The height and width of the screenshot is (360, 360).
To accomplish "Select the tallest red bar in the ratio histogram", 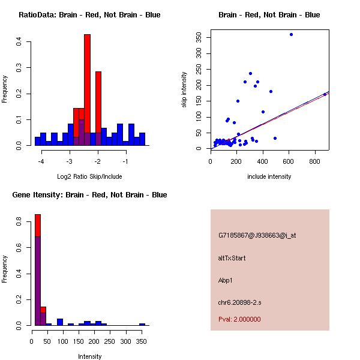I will [x=87, y=90].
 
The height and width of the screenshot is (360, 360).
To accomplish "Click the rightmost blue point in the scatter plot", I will [x=325, y=94].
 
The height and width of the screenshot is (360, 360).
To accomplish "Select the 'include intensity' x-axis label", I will [x=269, y=176].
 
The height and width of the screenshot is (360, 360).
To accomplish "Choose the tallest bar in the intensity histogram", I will [x=37, y=269].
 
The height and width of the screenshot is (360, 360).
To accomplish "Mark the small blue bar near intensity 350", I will [x=142, y=324].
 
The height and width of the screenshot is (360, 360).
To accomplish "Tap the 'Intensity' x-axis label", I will [x=89, y=356].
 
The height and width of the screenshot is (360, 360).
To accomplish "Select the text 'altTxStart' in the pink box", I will [x=232, y=258].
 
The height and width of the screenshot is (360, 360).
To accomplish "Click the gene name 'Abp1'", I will [x=226, y=280].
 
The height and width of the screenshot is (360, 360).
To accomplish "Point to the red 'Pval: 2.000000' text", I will [x=239, y=319].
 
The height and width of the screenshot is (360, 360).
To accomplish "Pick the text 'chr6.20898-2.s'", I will [x=238, y=302].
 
